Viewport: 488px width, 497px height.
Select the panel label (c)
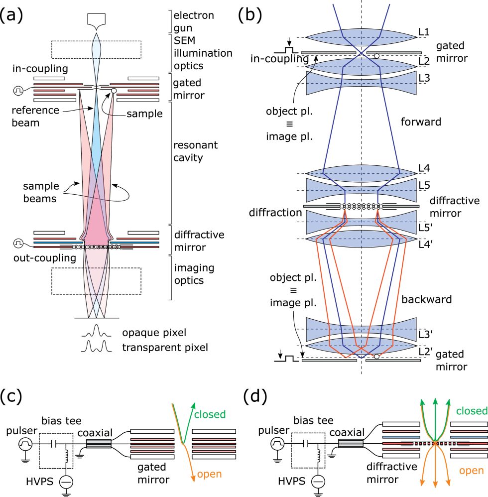coord(12,398)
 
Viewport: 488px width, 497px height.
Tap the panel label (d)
coord(256,398)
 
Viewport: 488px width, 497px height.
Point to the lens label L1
coord(424,31)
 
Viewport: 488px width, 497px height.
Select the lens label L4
coord(424,168)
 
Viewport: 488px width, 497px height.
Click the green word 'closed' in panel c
coord(209,414)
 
